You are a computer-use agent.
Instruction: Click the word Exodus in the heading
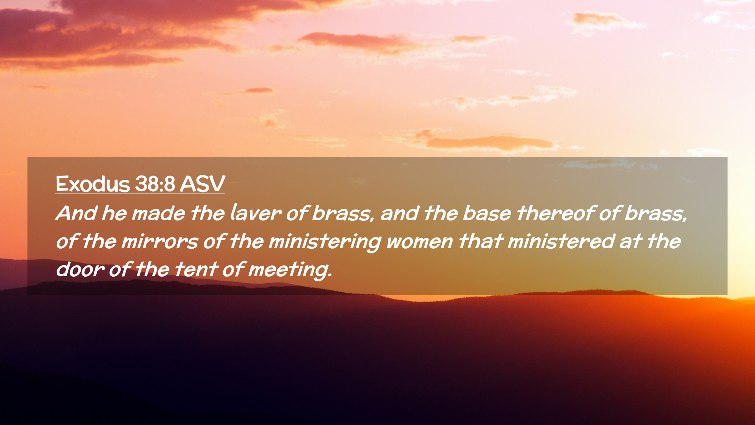pyautogui.click(x=93, y=184)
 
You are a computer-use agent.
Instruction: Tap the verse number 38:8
pyautogui.click(x=155, y=184)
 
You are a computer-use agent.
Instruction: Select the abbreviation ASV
pyautogui.click(x=203, y=184)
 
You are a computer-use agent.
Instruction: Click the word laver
pyautogui.click(x=256, y=213)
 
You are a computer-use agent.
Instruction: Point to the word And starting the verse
pyautogui.click(x=76, y=213)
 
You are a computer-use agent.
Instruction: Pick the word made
pyautogui.click(x=158, y=213)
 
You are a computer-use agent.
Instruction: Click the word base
pyautogui.click(x=487, y=213)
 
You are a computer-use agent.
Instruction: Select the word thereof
pyautogui.click(x=556, y=213)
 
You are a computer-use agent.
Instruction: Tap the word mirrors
pyautogui.click(x=160, y=241)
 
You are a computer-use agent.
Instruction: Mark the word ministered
pyautogui.click(x=561, y=241)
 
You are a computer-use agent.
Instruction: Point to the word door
pyautogui.click(x=80, y=270)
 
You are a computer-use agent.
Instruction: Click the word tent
pyautogui.click(x=196, y=270)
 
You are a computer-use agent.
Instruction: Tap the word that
pyautogui.click(x=481, y=241)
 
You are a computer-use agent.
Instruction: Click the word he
pyautogui.click(x=114, y=213)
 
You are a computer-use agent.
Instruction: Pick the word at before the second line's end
pyautogui.click(x=631, y=241)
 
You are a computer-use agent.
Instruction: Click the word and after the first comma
pyautogui.click(x=400, y=213)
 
